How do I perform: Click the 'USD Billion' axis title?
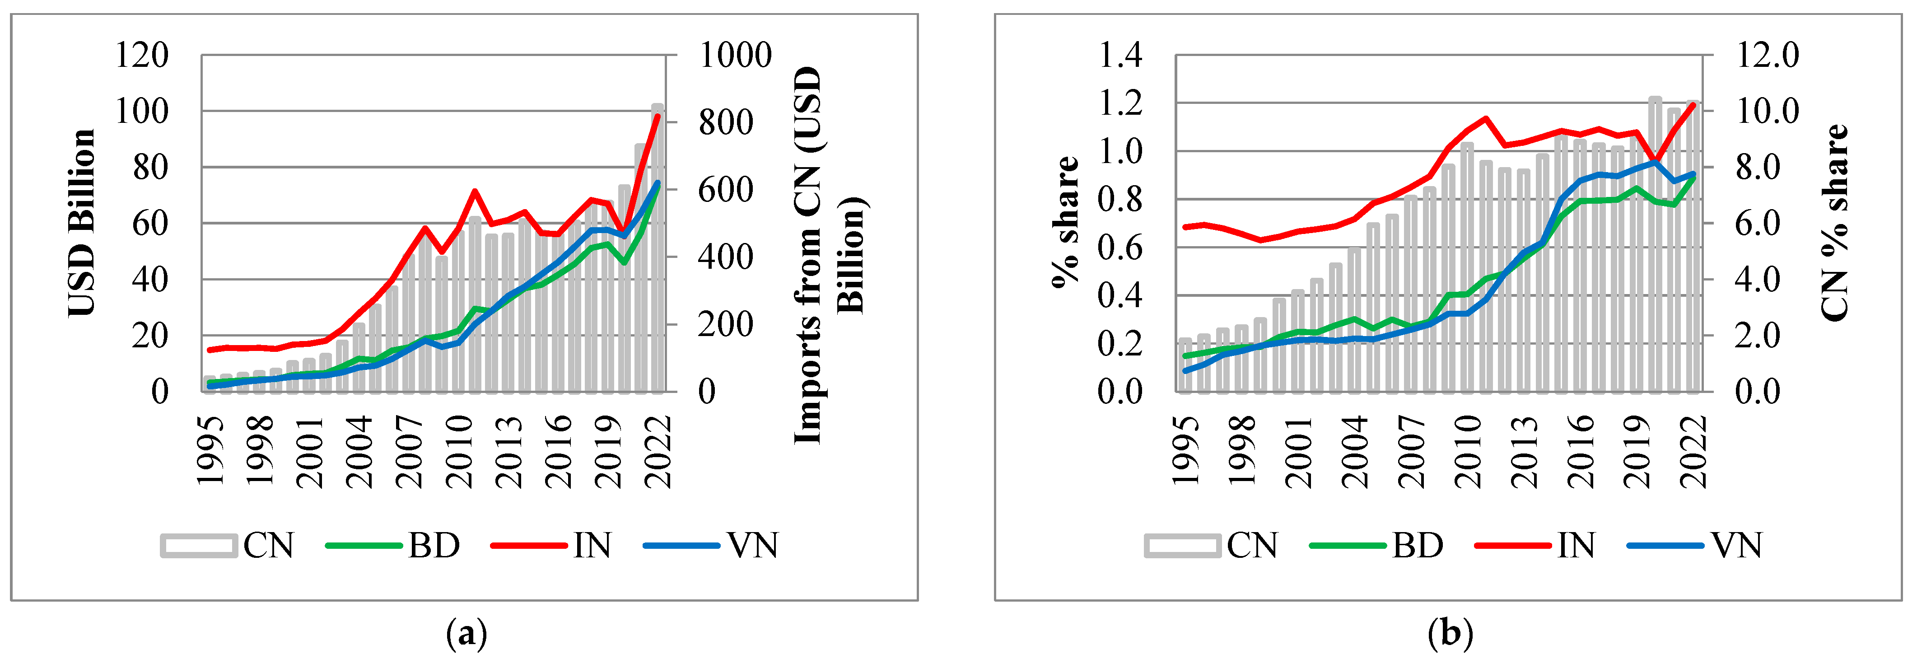tap(82, 224)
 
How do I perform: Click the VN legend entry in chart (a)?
tap(711, 546)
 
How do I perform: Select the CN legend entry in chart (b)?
tap(1211, 546)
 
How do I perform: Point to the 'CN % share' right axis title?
tap(1834, 224)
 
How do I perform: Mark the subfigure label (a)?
tap(466, 635)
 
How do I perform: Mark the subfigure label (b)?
tap(1450, 635)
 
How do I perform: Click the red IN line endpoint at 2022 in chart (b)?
tap(1694, 105)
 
